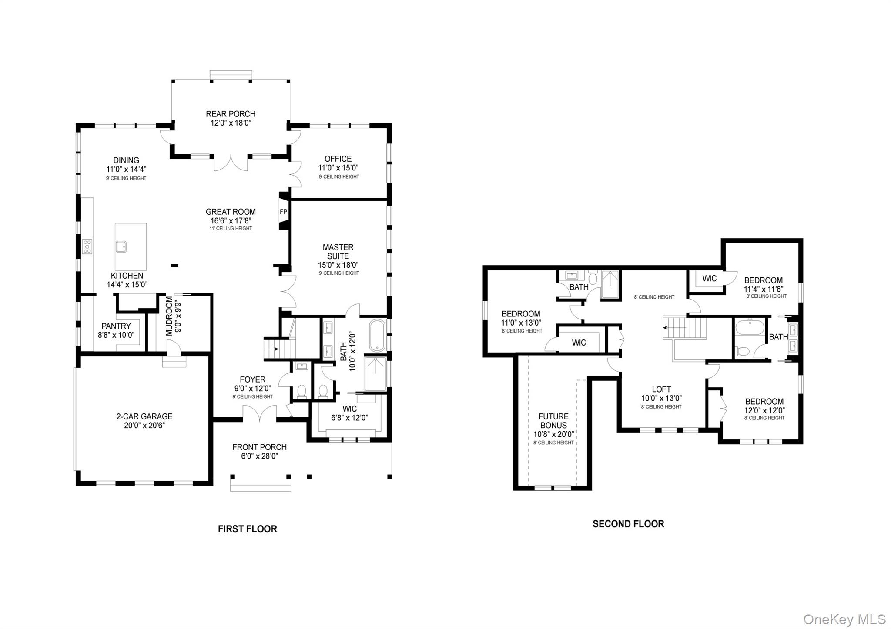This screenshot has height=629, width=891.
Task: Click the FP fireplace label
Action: click(x=283, y=212)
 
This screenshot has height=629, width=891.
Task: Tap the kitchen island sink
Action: click(x=121, y=247)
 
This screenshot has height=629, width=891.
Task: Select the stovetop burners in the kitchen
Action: click(x=87, y=246)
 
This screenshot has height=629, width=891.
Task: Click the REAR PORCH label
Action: click(x=231, y=114)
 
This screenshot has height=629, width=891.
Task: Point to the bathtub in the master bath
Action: click(x=377, y=336)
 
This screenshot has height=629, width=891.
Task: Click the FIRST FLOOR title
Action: click(x=247, y=529)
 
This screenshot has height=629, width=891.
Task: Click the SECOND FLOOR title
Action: click(x=628, y=524)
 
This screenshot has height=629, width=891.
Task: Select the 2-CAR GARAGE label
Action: click(x=144, y=416)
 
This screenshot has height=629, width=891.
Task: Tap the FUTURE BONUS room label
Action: click(x=553, y=421)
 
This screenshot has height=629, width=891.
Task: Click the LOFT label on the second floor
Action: click(x=661, y=389)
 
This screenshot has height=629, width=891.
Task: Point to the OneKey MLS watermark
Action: click(x=844, y=619)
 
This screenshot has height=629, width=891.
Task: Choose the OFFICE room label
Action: click(x=338, y=159)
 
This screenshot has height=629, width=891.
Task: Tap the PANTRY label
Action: click(x=116, y=326)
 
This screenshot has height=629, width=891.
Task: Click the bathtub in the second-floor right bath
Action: click(x=749, y=326)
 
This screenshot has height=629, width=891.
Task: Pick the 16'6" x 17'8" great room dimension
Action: click(x=231, y=221)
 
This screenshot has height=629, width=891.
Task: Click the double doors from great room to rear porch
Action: click(x=231, y=163)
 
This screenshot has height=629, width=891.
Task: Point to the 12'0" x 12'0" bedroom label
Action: click(x=764, y=410)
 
